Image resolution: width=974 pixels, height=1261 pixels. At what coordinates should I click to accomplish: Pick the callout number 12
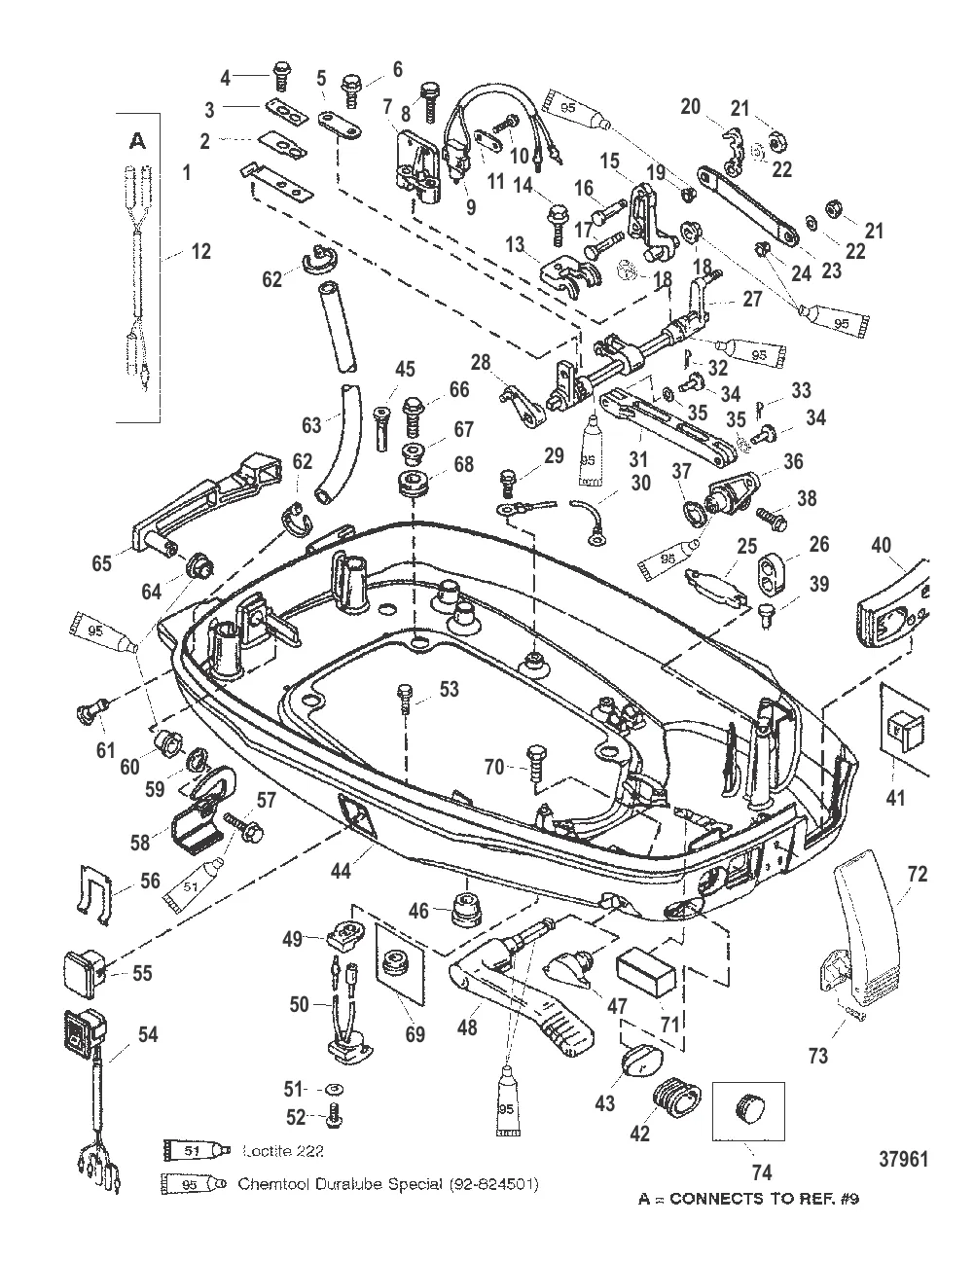click(200, 252)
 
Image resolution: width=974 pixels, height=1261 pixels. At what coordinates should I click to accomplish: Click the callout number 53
click(449, 690)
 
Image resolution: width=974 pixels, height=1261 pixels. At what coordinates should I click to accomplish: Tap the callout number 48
click(467, 1026)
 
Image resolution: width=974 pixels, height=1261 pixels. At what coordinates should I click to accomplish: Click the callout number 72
click(917, 875)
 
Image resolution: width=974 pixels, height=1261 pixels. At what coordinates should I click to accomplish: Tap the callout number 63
click(310, 425)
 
